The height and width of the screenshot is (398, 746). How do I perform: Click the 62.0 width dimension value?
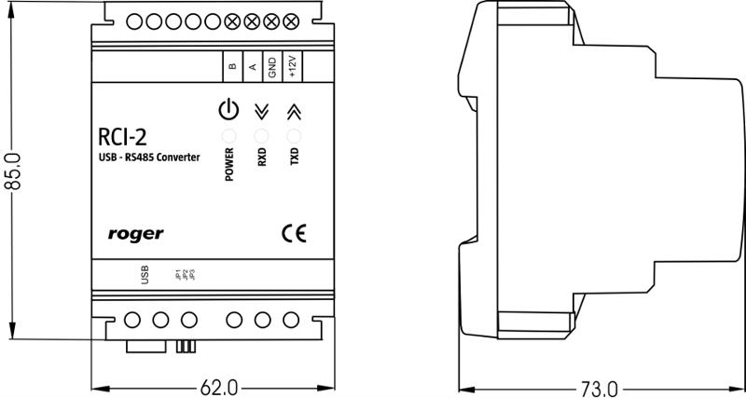(219, 386)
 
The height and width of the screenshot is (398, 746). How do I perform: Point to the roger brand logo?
(136, 234)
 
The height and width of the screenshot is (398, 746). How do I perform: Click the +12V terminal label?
(292, 65)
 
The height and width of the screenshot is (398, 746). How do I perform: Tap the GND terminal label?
(271, 65)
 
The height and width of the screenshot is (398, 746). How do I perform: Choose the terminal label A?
(252, 65)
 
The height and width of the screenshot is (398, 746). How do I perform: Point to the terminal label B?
(231, 65)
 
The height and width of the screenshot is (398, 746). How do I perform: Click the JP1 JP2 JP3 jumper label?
(184, 275)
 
